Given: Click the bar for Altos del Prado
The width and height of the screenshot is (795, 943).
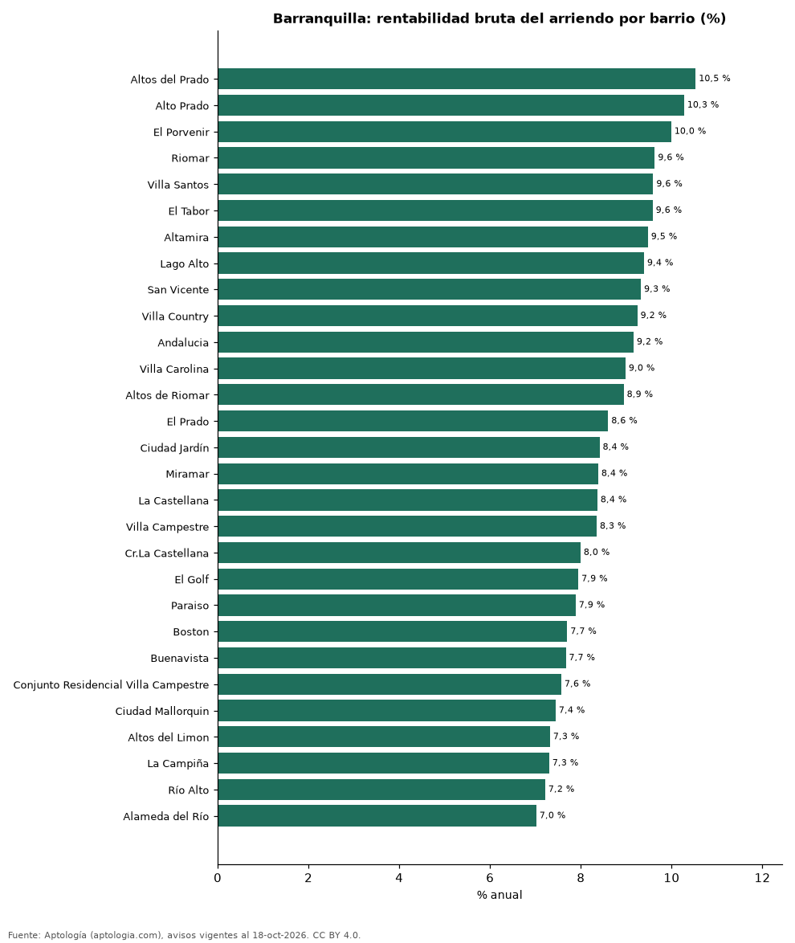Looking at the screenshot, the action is (x=456, y=79).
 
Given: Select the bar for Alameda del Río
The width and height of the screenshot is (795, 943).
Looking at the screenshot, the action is (x=377, y=816).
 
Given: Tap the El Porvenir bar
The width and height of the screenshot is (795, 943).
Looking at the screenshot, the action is (x=444, y=132).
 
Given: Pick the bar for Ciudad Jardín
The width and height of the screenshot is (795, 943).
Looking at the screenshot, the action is (x=409, y=447).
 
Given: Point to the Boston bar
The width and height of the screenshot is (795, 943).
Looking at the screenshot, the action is (x=392, y=631).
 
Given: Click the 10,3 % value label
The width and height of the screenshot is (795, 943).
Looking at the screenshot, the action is (x=703, y=104).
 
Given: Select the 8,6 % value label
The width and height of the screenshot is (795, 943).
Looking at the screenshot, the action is (x=624, y=420).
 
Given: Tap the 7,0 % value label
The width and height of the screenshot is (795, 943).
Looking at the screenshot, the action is (x=552, y=815).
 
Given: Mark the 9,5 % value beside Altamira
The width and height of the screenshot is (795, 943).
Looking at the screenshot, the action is (x=664, y=236).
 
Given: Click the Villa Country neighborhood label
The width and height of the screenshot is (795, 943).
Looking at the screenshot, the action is (x=175, y=316).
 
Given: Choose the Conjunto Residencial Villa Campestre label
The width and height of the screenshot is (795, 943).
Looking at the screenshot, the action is (x=112, y=685).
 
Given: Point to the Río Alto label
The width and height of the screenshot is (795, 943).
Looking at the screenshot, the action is (x=189, y=790).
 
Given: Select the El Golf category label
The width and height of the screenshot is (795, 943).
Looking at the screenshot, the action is (x=192, y=580).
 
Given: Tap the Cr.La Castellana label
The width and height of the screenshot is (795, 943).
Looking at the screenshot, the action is (x=166, y=553).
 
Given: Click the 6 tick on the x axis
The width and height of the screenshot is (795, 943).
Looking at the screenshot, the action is (x=490, y=878).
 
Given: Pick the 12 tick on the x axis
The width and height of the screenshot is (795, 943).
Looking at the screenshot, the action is (x=762, y=878).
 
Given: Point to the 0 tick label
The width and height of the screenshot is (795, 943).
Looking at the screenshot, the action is (x=218, y=878).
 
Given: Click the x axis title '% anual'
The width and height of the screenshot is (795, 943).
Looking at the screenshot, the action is (x=499, y=895).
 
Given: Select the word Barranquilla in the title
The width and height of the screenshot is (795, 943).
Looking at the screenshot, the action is (x=322, y=18).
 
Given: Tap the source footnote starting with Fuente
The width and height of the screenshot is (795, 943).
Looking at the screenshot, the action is (x=184, y=935).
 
